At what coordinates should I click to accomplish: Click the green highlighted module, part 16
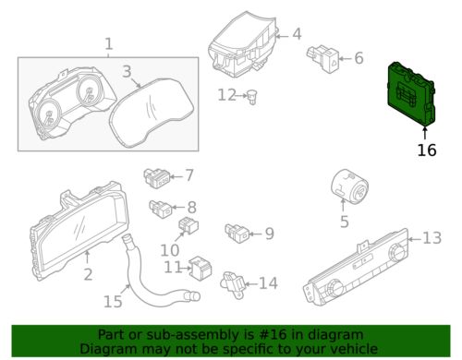click(411, 94)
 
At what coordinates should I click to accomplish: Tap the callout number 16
click(427, 150)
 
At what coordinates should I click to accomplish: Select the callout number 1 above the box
click(109, 44)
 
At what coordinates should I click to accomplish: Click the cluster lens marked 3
click(152, 114)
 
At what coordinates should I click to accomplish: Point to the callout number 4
click(297, 34)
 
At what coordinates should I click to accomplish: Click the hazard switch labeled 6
click(322, 58)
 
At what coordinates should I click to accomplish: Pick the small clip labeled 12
click(252, 97)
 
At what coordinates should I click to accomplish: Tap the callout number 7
click(189, 175)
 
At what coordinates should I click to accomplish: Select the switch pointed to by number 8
click(161, 209)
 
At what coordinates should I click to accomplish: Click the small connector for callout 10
click(188, 226)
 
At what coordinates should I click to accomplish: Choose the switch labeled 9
click(237, 234)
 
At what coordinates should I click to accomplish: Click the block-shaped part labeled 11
click(201, 269)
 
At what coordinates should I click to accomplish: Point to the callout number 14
click(268, 283)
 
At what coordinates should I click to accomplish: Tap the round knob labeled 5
click(349, 186)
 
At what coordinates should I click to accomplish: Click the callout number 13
click(432, 238)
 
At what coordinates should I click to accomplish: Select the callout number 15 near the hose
click(113, 302)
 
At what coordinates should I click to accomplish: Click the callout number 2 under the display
click(88, 274)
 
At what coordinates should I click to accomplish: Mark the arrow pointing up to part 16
click(425, 134)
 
